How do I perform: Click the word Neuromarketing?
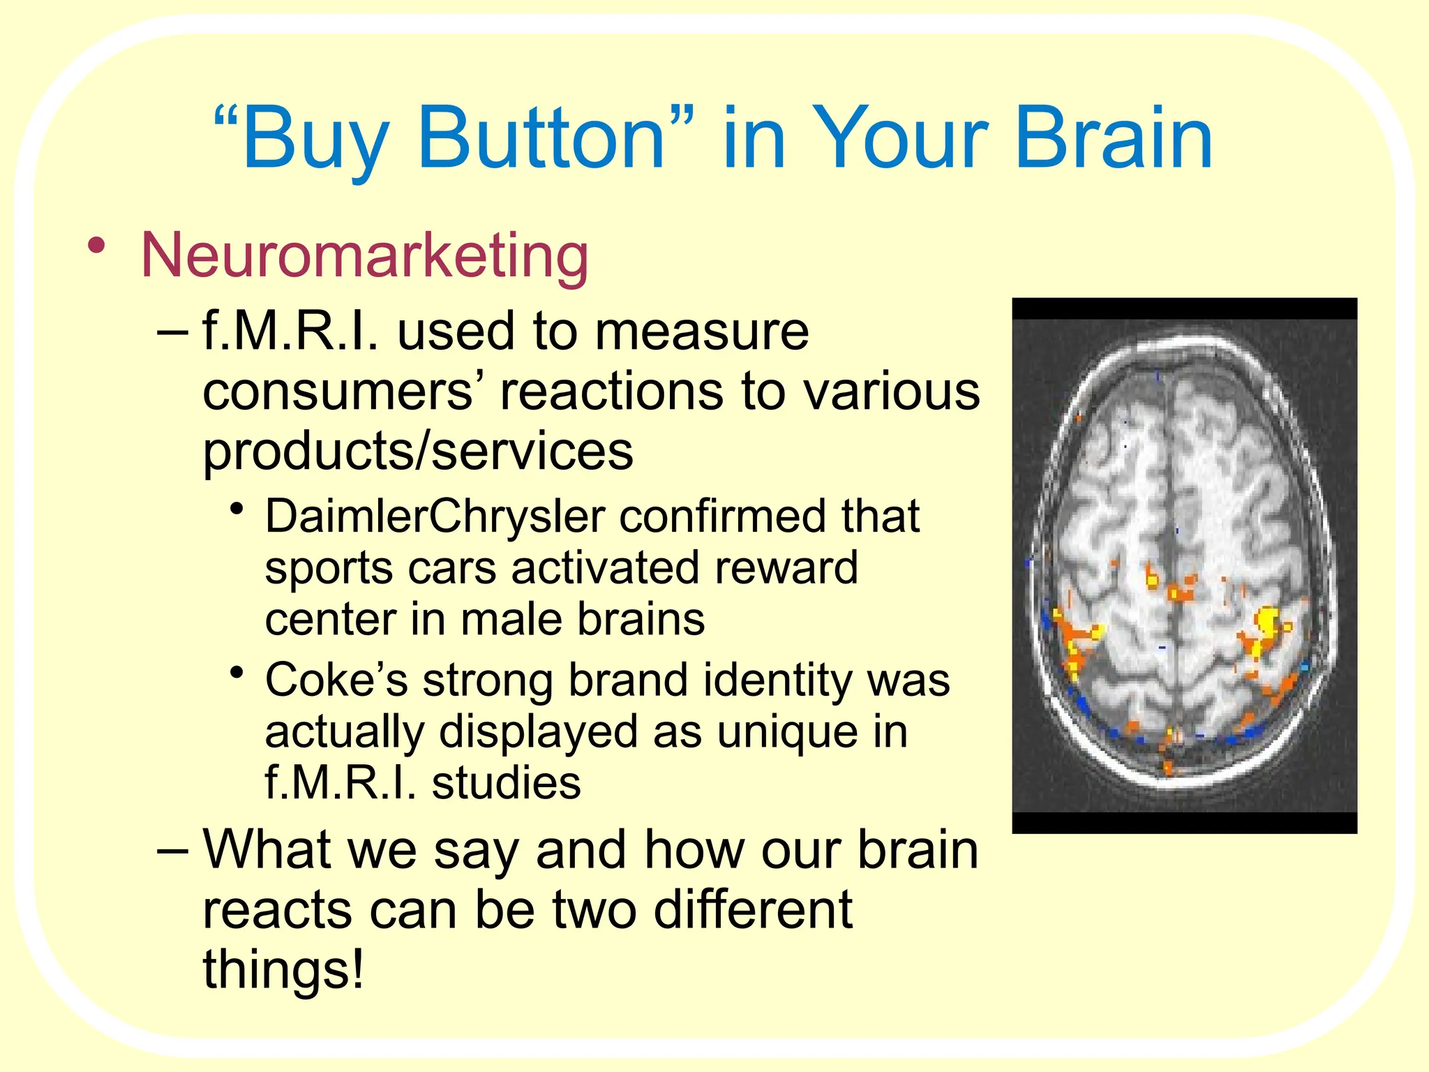364,255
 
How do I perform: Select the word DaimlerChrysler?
435,517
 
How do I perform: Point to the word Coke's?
336,680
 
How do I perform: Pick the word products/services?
418,452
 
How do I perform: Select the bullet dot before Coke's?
238,673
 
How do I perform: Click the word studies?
506,784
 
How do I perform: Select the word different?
753,910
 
